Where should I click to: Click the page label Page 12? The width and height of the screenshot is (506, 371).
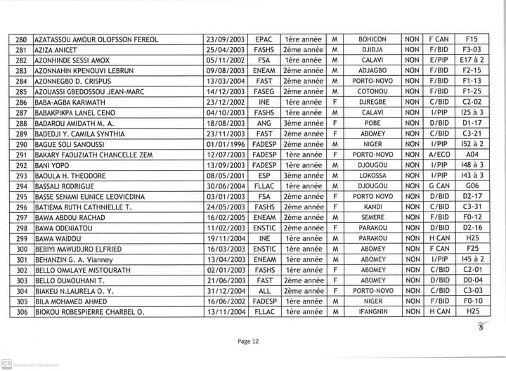click(x=249, y=341)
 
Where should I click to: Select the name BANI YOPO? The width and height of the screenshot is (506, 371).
click(x=53, y=165)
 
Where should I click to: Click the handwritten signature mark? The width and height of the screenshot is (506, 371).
click(x=482, y=324)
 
